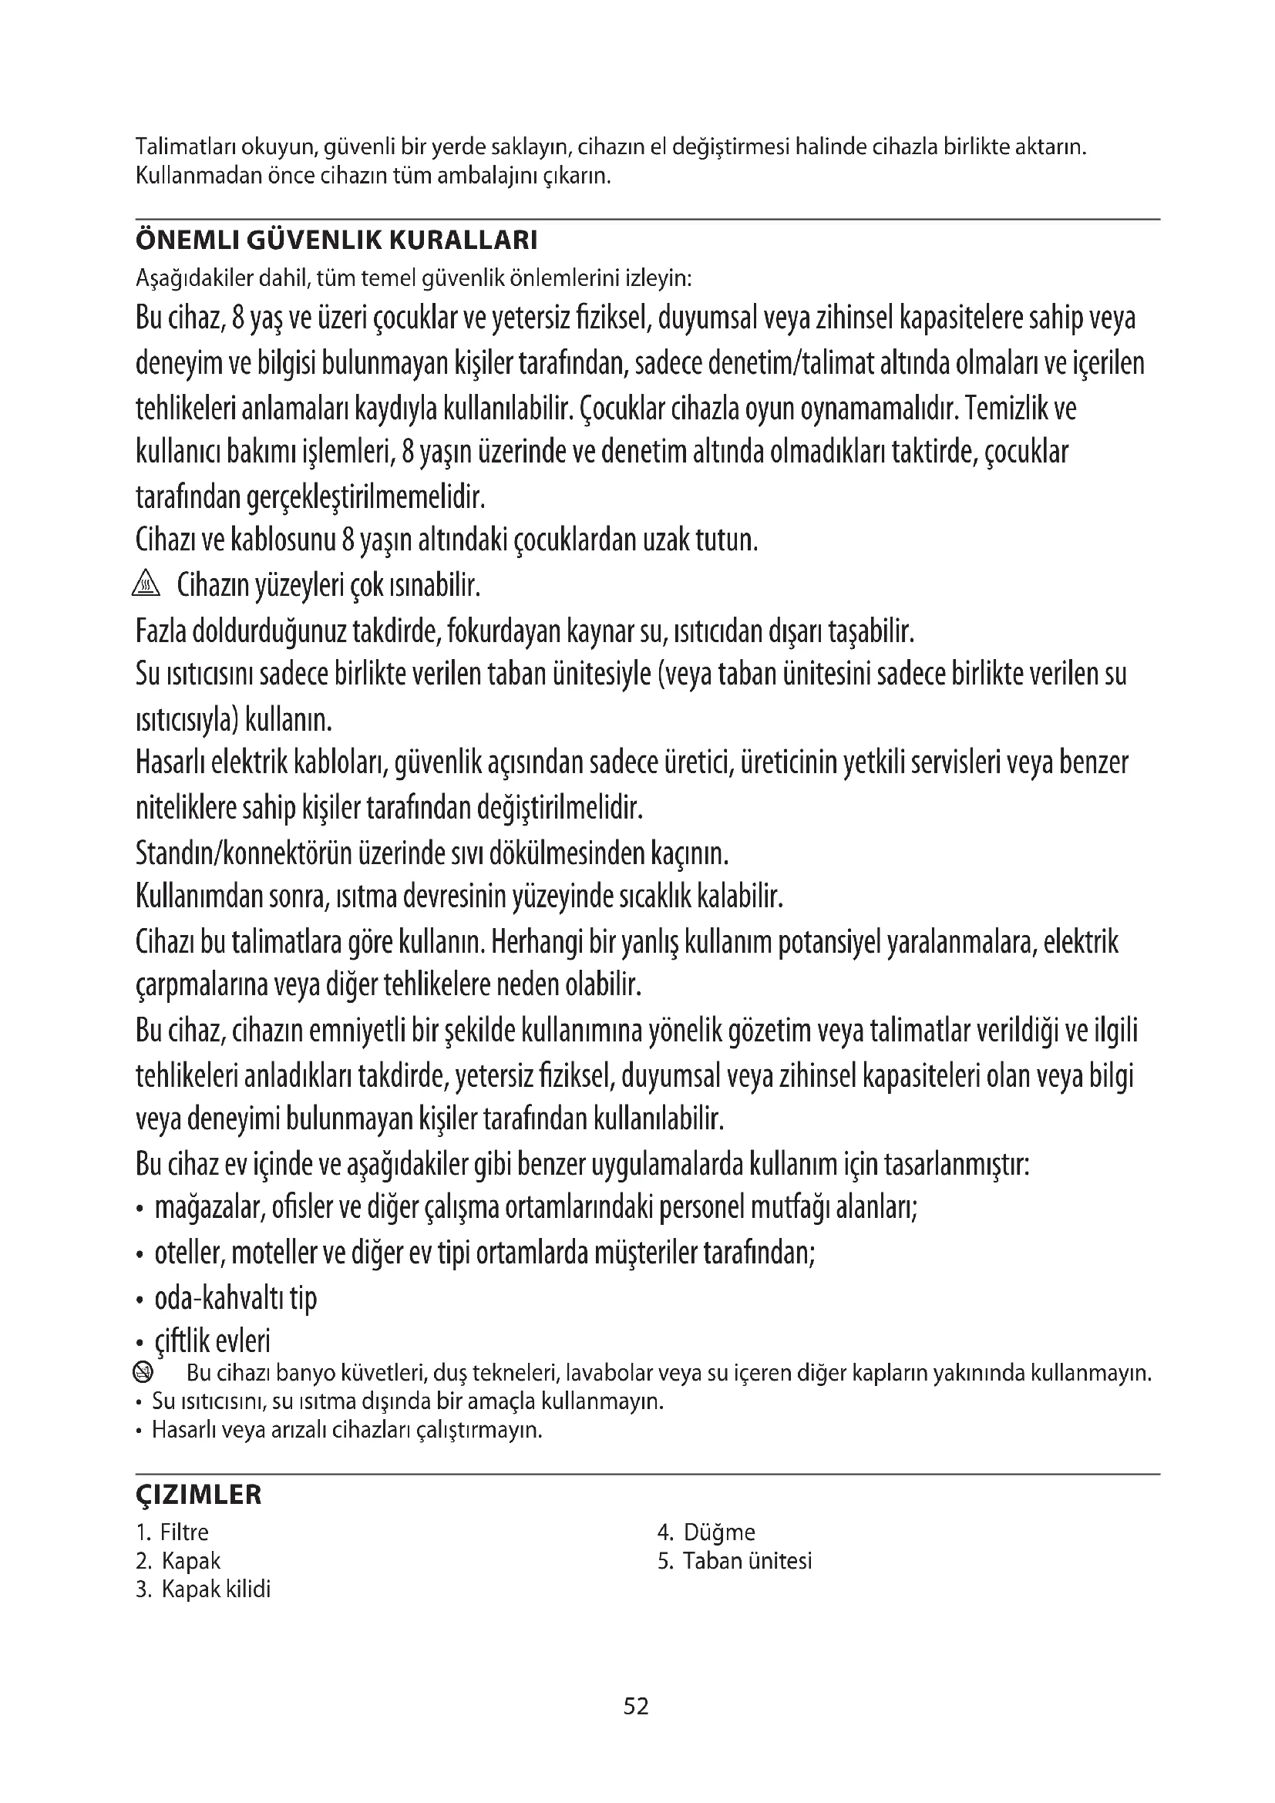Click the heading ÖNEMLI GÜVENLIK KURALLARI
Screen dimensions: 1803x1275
tap(336, 241)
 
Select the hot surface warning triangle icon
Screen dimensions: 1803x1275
tap(146, 585)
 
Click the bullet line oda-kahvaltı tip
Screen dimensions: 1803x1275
tap(236, 1298)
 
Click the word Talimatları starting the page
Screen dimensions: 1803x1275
tap(185, 147)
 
